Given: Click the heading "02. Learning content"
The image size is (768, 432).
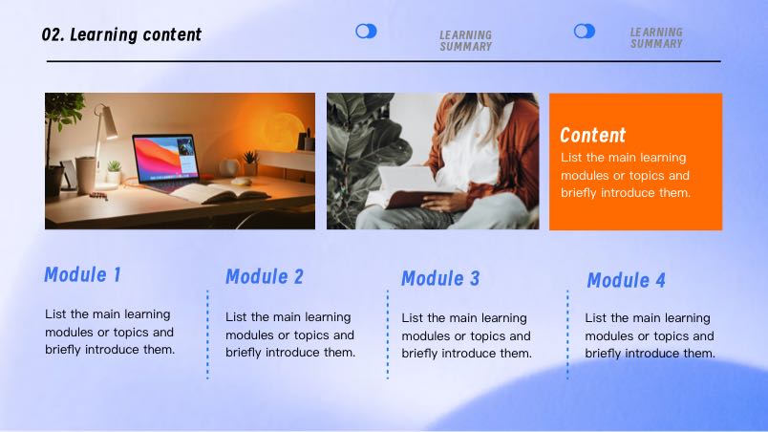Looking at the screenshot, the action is tap(121, 34).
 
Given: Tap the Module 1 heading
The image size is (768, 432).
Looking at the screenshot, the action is tap(82, 274).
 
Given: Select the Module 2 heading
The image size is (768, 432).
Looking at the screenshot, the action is tap(265, 277).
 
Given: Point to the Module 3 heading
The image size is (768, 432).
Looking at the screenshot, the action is tap(440, 279).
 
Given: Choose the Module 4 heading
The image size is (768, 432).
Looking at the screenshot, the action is tap(626, 281).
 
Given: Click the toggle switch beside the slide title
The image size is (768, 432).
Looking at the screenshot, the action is tap(366, 32).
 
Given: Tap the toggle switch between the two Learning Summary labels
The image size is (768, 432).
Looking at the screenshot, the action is tap(585, 32).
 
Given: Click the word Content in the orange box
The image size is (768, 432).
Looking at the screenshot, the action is tap(592, 135).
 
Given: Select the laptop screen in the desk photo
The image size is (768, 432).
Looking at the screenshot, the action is tap(166, 159).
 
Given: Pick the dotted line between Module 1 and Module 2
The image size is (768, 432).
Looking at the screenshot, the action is tap(207, 335).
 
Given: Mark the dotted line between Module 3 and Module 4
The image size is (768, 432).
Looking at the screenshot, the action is tap(567, 335).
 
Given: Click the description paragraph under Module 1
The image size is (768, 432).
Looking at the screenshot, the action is tap(110, 332).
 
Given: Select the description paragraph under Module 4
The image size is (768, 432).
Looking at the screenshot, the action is tap(650, 335).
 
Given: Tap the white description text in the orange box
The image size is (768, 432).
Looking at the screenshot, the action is tap(626, 175).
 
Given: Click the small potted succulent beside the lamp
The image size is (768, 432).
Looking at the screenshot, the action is tap(114, 171).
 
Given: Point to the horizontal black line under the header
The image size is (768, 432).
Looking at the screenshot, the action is tap(384, 61).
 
